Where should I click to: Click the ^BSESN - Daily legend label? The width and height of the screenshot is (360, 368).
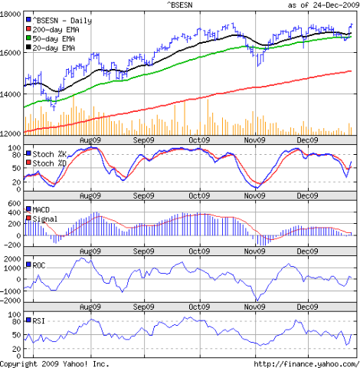64,18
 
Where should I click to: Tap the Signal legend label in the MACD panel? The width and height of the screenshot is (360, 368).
46,219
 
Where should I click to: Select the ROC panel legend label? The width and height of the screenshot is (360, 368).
40,264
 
